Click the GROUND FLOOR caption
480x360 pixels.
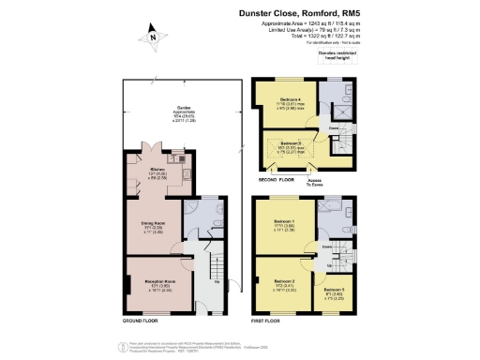(140, 320)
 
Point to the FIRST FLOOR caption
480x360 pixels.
(272, 320)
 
